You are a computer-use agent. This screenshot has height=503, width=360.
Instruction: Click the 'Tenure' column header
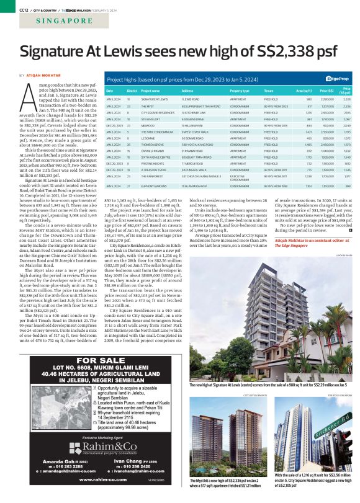(x=270, y=91)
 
